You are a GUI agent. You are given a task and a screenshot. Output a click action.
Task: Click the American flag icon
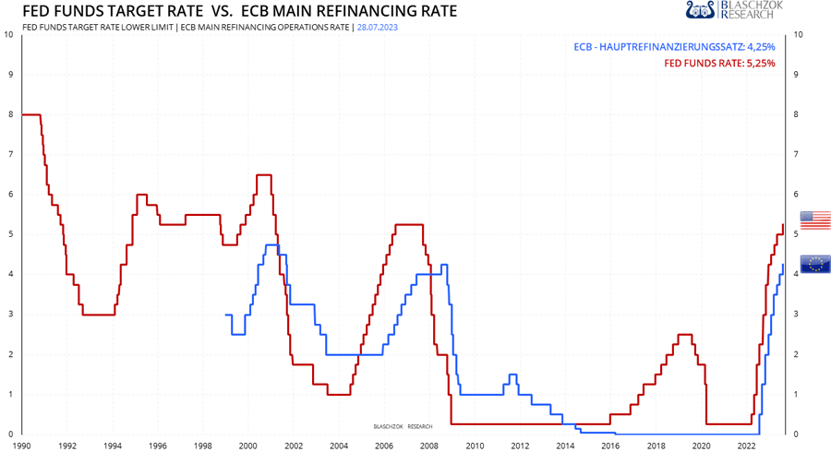coord(815,220)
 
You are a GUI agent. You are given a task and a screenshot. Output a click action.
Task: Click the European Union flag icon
coord(815,264)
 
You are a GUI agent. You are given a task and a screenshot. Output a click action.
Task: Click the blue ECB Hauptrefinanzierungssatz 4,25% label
coord(674,46)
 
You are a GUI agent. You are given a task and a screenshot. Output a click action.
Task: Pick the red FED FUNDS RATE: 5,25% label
coord(720,63)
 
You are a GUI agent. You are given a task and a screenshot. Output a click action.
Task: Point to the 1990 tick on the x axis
coord(21,445)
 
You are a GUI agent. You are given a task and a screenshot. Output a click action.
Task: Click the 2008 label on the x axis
coord(428,445)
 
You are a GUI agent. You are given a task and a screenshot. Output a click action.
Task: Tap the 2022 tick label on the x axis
coord(745,445)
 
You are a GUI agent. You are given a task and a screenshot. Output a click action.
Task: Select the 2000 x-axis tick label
coord(247,445)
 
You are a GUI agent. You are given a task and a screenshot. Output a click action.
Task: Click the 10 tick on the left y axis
coord(8,35)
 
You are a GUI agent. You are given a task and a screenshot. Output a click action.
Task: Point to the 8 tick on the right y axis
coord(797,114)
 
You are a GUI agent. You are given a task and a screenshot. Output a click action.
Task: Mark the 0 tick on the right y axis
coord(797,434)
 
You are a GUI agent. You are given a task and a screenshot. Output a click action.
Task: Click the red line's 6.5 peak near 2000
coord(263,174)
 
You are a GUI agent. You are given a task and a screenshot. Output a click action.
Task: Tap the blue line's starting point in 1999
coord(227,315)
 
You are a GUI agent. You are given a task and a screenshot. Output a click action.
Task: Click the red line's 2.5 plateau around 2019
coord(685,334)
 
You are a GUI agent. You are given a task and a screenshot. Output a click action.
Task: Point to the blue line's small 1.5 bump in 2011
coord(512,375)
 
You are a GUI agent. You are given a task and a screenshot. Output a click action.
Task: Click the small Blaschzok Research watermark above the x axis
coord(403,426)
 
